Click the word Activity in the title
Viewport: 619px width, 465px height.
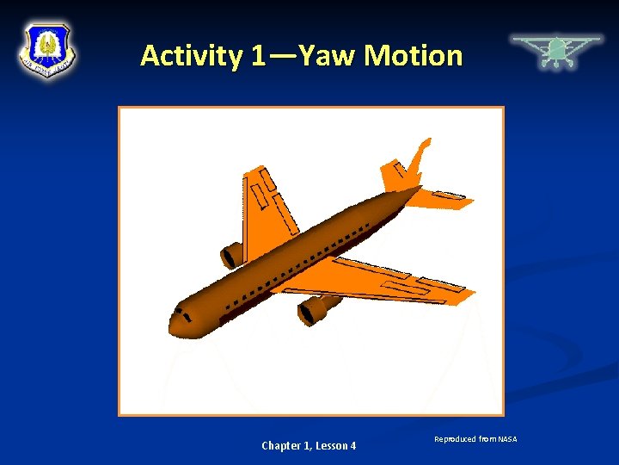[191, 57]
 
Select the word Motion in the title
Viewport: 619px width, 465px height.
[413, 57]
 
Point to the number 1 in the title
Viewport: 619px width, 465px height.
[259, 57]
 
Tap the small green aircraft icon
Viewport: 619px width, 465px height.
[556, 51]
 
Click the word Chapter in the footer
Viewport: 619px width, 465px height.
[281, 445]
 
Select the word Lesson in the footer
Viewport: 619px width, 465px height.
[332, 445]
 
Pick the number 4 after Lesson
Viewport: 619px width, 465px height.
[352, 445]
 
